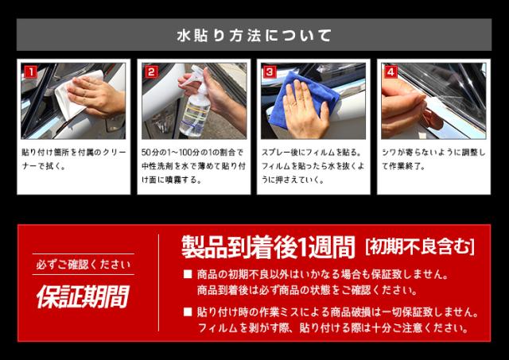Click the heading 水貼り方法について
tap(254, 36)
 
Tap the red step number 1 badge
tap(31, 72)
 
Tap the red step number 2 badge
tap(151, 72)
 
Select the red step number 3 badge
tap(269, 72)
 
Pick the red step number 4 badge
tap(390, 72)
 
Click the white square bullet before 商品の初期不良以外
tap(188, 275)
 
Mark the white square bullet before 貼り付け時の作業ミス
tap(188, 312)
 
